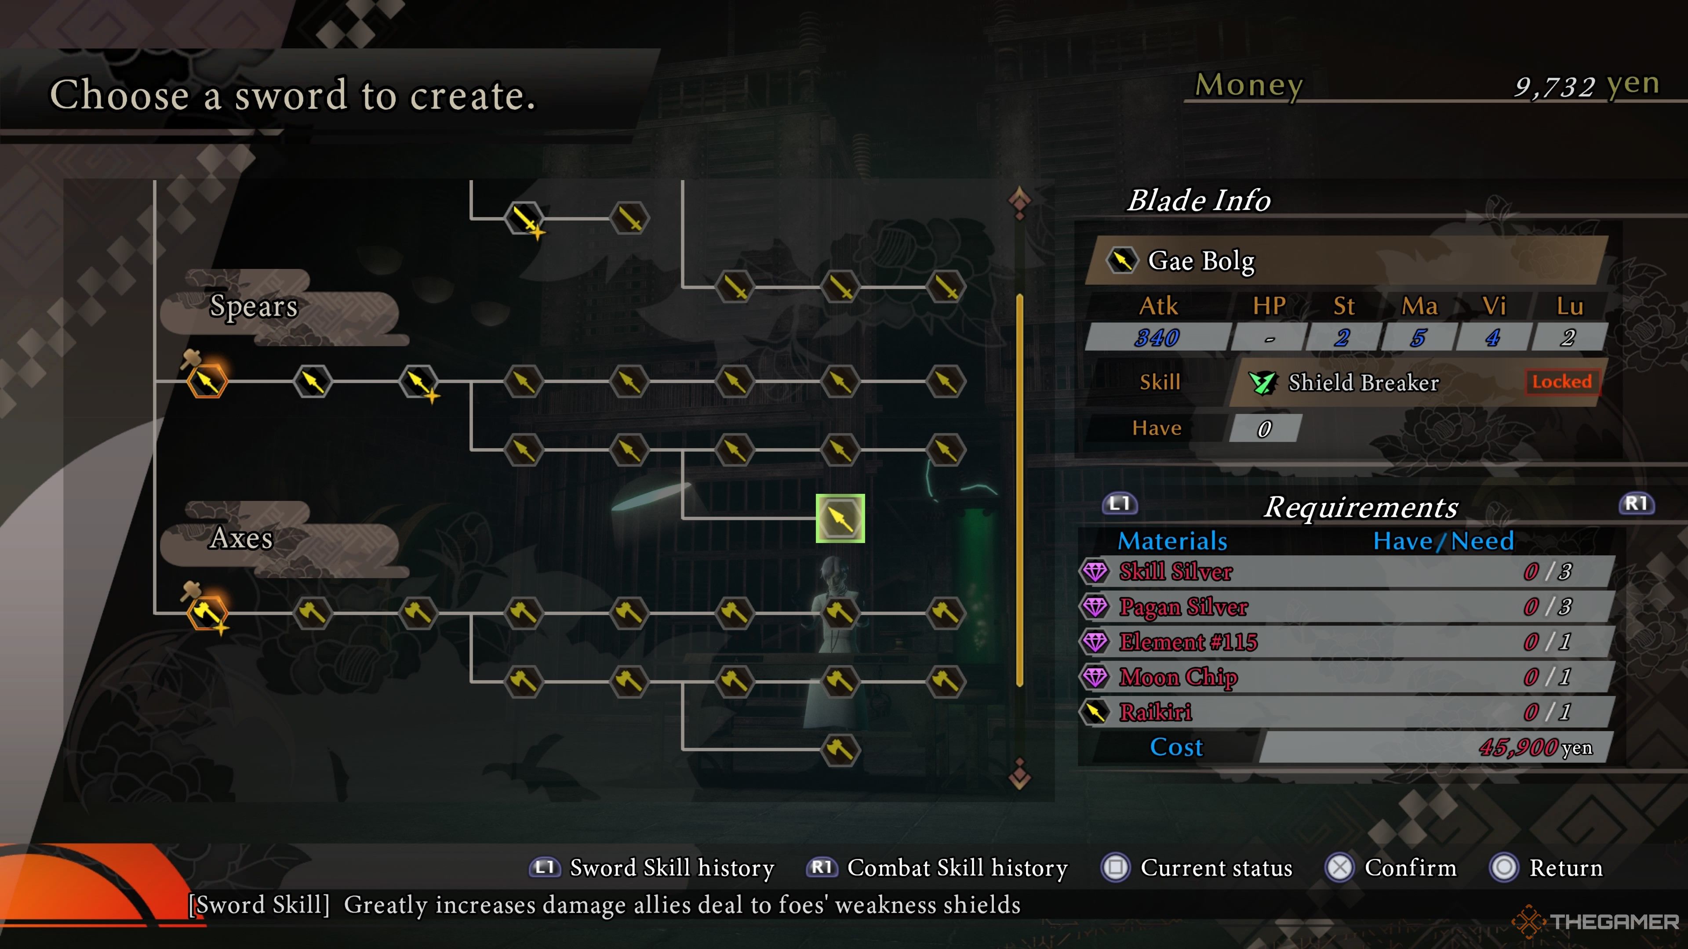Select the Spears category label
click(254, 306)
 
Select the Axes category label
click(241, 538)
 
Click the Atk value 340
click(1157, 337)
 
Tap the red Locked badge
click(1561, 381)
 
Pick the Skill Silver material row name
click(1175, 572)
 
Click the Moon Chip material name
click(1178, 677)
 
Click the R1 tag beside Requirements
click(1636, 503)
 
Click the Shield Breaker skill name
click(1363, 383)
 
